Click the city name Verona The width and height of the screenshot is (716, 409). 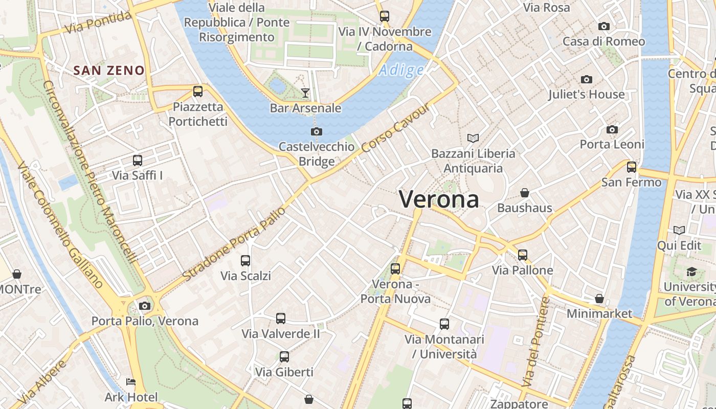click(439, 199)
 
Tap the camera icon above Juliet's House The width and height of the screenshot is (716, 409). click(587, 79)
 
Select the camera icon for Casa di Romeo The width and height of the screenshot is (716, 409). click(604, 26)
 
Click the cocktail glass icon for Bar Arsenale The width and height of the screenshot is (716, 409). click(305, 93)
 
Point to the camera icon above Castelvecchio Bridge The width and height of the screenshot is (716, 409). click(317, 131)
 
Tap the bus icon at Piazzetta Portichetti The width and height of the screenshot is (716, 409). click(198, 92)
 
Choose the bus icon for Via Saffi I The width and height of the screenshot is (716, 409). click(138, 160)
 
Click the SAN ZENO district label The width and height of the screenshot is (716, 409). click(109, 71)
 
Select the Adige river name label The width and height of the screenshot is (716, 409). click(401, 70)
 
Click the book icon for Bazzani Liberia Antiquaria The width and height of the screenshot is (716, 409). click(473, 138)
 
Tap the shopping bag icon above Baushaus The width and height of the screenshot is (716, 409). click(525, 193)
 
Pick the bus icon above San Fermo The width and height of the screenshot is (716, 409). click(632, 167)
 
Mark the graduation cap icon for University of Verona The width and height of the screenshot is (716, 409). click(691, 271)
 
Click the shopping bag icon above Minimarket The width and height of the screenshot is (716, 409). click(599, 298)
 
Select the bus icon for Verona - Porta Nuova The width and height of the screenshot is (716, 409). click(395, 268)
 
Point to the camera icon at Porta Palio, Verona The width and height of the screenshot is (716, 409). click(145, 306)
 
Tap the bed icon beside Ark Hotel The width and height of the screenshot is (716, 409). click(131, 382)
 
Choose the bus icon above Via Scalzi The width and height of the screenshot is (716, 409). click(245, 260)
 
